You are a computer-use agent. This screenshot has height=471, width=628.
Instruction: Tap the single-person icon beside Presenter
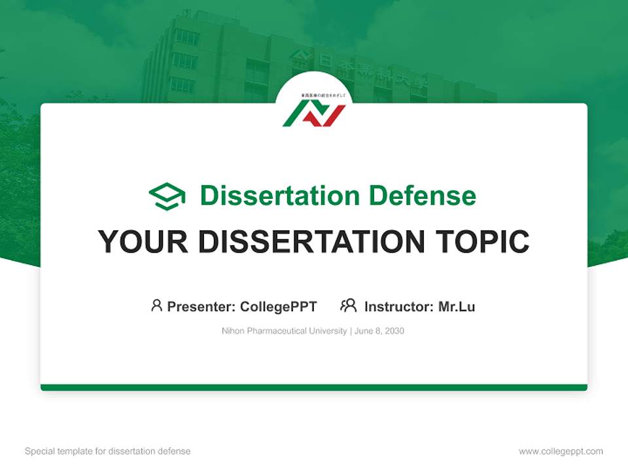click(156, 305)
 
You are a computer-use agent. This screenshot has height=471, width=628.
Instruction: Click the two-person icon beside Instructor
click(349, 305)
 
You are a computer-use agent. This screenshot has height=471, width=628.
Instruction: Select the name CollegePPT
click(279, 306)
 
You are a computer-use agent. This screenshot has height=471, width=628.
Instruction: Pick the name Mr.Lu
click(457, 306)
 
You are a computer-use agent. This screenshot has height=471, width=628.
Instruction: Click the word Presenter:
click(201, 306)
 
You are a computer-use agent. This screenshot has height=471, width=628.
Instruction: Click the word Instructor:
click(399, 306)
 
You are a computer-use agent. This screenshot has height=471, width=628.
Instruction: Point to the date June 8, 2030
click(380, 331)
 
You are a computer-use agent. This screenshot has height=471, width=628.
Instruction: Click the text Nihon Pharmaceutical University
click(285, 331)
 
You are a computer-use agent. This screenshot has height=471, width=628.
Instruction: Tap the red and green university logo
click(314, 114)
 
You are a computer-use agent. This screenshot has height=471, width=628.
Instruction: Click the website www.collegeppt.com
click(561, 451)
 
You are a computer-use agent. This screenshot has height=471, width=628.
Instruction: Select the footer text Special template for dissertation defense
click(108, 451)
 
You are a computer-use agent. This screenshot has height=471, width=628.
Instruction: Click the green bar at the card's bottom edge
click(314, 387)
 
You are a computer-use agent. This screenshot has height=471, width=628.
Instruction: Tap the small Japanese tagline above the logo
click(314, 96)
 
